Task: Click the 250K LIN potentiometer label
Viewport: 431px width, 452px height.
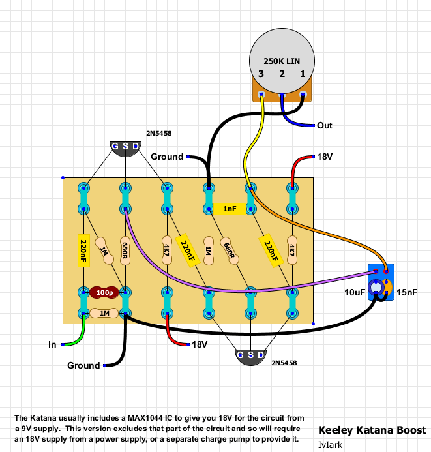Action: [x=282, y=61]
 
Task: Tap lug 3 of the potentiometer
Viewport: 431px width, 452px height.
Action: [x=261, y=95]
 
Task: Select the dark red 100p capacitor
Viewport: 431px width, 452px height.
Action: [x=104, y=293]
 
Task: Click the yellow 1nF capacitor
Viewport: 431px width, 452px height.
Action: [x=230, y=209]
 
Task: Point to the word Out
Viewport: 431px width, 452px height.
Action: [x=325, y=125]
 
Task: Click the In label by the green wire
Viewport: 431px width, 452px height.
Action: [x=52, y=344]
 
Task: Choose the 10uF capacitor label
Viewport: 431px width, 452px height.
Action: [x=355, y=292]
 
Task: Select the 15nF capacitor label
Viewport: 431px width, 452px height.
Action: [x=407, y=292]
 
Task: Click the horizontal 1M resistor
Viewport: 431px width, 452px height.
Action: [x=104, y=313]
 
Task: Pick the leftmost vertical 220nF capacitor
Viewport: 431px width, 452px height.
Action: [x=83, y=250]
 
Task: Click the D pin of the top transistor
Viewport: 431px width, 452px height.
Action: [x=136, y=146]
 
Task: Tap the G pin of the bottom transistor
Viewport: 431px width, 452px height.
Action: [x=240, y=355]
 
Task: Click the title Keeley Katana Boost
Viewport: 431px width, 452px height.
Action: [x=372, y=430]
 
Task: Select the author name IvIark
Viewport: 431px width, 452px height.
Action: [x=330, y=445]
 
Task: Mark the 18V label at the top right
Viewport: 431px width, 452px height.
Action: [x=325, y=157]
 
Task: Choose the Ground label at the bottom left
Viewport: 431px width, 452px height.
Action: [x=83, y=365]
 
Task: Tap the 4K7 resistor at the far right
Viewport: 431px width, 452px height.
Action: [x=292, y=250]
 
